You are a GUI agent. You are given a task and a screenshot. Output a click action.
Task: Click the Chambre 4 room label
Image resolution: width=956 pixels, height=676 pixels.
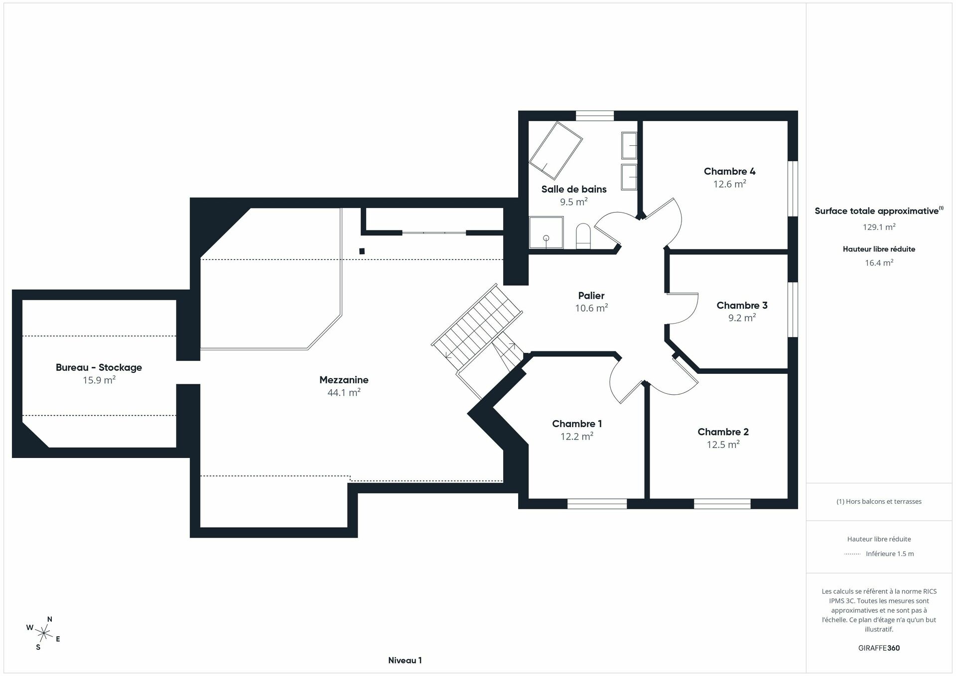click(729, 171)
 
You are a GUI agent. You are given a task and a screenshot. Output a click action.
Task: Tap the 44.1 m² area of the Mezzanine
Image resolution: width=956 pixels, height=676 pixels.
click(344, 393)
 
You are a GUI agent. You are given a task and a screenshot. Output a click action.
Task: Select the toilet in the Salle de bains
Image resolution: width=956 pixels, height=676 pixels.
click(583, 236)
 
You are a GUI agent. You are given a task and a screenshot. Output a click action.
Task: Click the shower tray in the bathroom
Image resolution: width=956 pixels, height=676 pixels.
click(546, 232)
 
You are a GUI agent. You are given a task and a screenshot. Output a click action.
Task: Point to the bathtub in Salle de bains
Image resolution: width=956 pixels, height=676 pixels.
click(555, 150)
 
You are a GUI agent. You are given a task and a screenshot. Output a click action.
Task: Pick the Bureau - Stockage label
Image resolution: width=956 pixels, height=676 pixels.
click(99, 367)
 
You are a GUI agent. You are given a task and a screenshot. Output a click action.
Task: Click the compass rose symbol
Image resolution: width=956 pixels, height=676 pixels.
click(44, 633)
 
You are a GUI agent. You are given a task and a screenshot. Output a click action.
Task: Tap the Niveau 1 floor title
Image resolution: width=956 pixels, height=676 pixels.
click(405, 661)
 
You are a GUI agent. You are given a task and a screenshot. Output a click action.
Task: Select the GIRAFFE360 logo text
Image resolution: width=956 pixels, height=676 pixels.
click(879, 648)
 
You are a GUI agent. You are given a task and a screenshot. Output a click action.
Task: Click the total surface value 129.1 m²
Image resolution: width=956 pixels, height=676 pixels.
click(879, 227)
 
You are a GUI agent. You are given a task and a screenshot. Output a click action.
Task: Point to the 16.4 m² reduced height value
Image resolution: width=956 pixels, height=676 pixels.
click(879, 263)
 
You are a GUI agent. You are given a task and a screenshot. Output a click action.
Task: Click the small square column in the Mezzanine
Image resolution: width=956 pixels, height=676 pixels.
click(362, 251)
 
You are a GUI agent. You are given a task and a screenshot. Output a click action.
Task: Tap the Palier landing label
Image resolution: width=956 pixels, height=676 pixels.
click(591, 296)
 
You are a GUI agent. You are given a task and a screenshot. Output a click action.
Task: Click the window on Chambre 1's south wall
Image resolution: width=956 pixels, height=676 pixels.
click(597, 504)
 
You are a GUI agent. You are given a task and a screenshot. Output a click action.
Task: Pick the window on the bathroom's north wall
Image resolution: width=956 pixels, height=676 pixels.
click(595, 115)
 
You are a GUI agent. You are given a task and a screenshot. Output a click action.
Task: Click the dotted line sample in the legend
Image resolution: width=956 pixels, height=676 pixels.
click(852, 554)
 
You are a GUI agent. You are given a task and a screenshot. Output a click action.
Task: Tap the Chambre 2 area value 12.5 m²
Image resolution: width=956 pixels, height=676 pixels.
click(723, 445)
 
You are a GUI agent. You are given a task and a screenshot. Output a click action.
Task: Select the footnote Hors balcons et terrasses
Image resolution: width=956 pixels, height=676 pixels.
click(879, 502)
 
